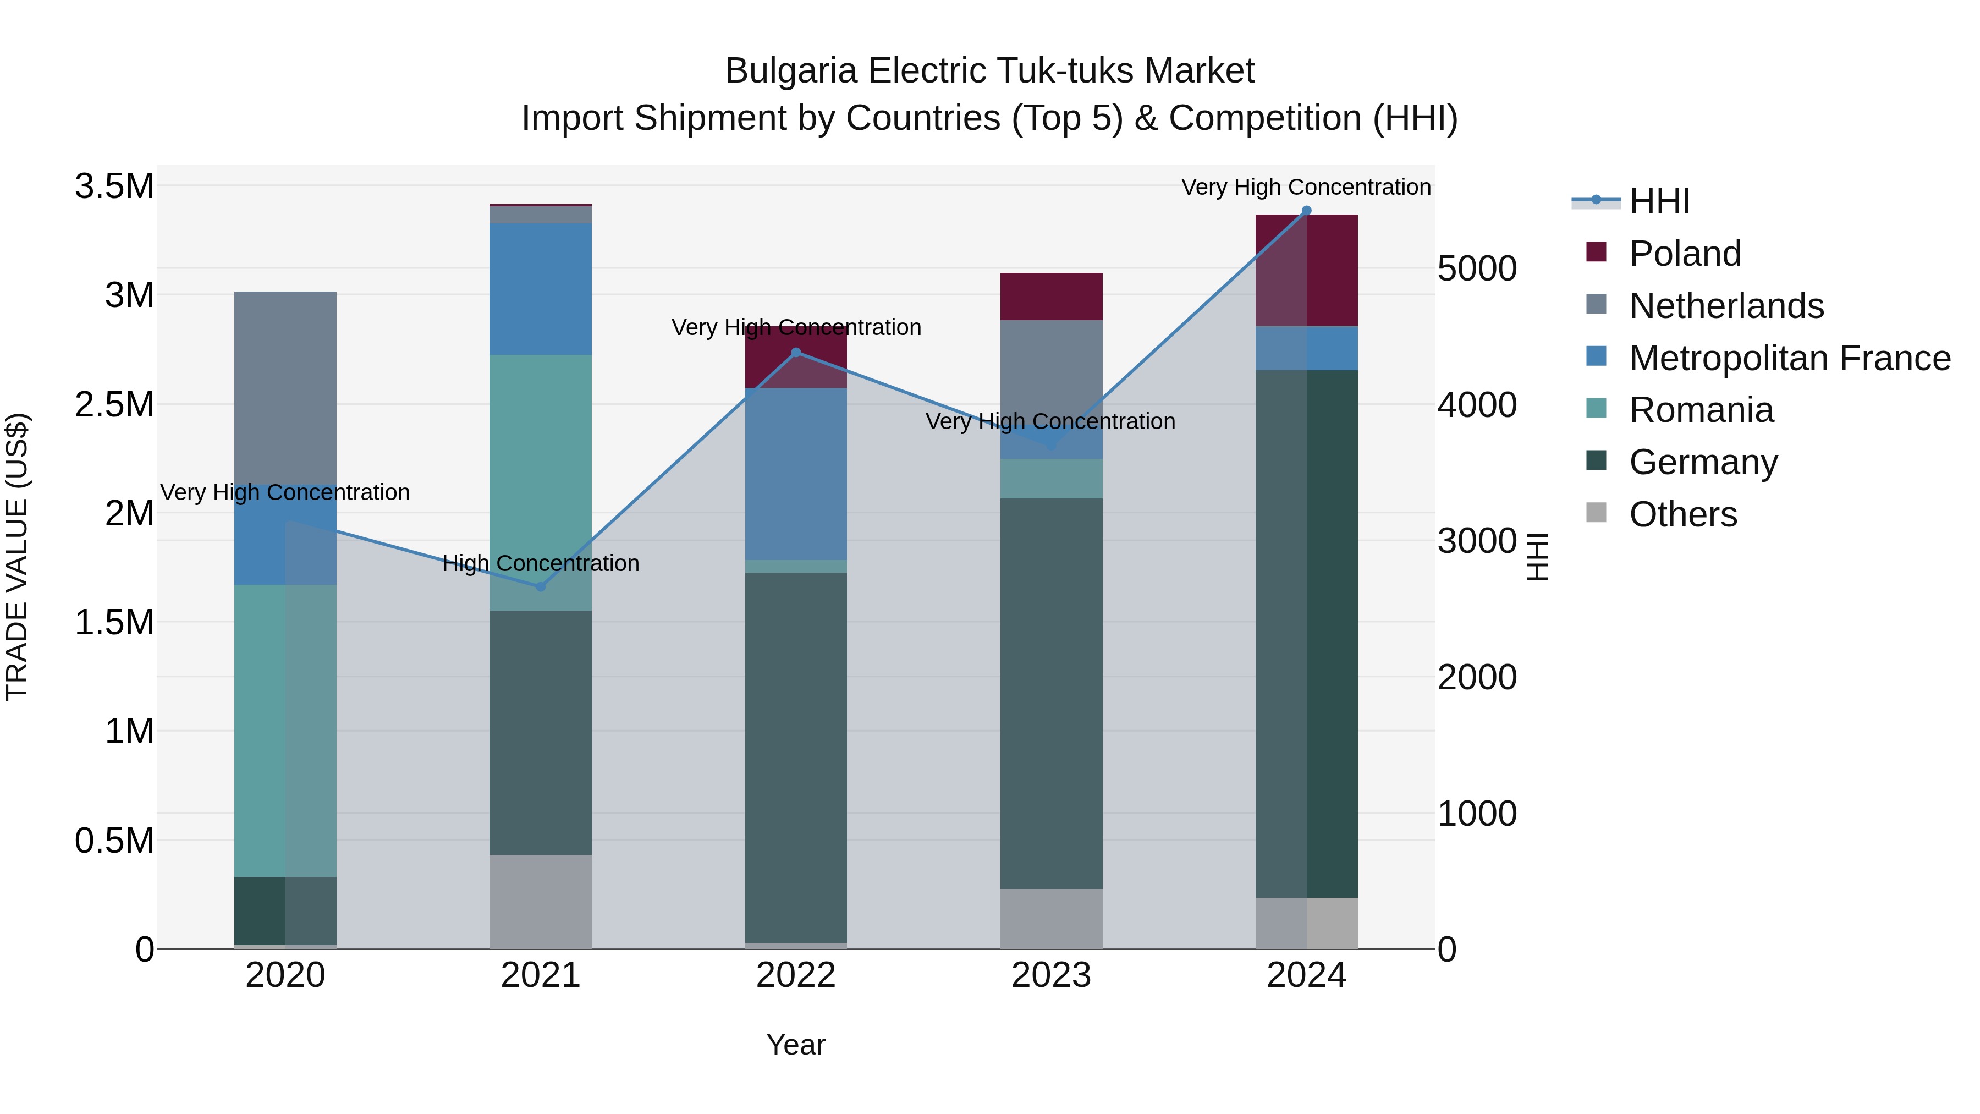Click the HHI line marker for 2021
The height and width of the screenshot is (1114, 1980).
pos(540,586)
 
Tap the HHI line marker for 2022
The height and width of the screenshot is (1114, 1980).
pos(796,353)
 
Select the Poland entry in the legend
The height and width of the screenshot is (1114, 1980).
pos(1684,254)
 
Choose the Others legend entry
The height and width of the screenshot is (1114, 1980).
pos(1682,514)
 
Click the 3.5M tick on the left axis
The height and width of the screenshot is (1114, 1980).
pos(114,187)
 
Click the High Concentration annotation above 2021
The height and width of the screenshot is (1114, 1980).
pos(540,563)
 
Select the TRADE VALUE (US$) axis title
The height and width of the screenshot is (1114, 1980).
pos(17,557)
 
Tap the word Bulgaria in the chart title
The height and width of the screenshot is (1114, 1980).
pos(790,72)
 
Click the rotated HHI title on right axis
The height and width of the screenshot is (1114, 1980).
pos(1537,557)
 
